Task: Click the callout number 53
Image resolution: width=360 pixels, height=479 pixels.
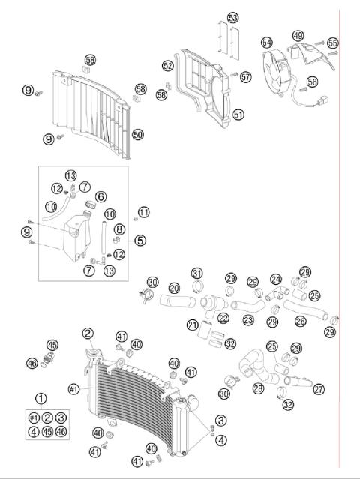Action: (x=232, y=17)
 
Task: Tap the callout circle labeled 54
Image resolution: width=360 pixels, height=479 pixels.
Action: (x=266, y=42)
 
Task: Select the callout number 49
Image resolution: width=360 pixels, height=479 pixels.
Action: (x=298, y=35)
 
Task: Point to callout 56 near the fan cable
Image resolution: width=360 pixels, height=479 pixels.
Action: (x=312, y=82)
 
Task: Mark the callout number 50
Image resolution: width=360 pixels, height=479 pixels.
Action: (x=138, y=134)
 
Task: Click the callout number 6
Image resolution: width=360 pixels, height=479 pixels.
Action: (x=100, y=196)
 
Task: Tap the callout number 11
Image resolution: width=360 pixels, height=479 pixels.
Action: (x=143, y=212)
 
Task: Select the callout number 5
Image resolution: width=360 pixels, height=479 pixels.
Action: (x=140, y=241)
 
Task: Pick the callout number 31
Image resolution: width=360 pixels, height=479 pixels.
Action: (x=196, y=272)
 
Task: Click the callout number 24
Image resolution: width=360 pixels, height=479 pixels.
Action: (x=276, y=279)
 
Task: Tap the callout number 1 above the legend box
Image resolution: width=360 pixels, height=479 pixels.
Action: (x=40, y=399)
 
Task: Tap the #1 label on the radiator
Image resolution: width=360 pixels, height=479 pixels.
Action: (x=73, y=388)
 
